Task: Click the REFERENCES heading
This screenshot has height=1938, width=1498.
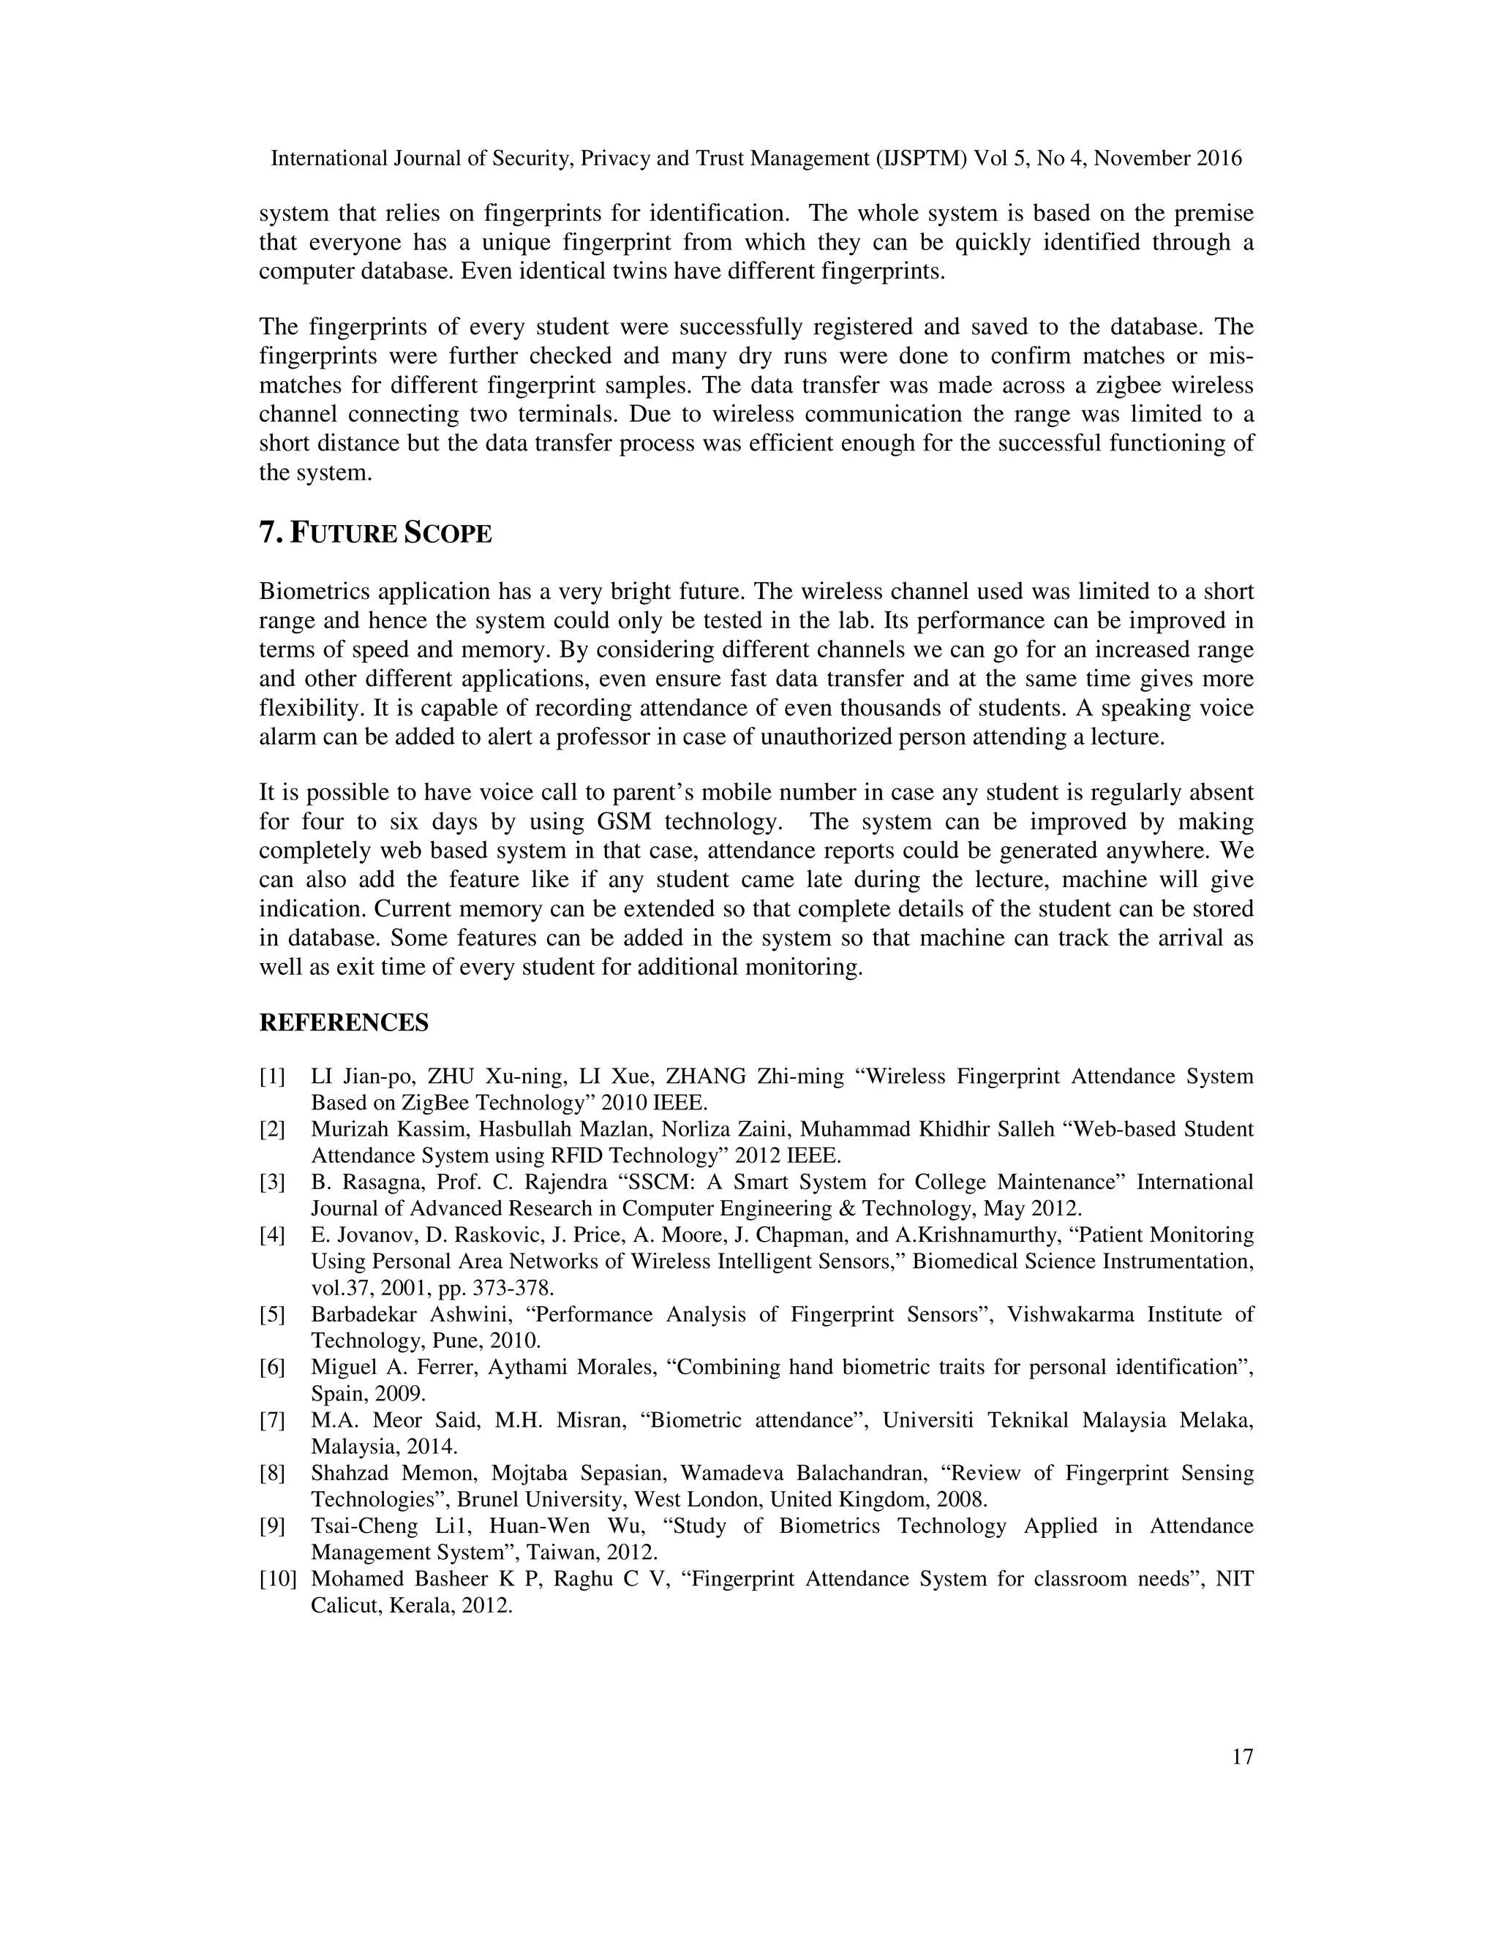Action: (344, 1022)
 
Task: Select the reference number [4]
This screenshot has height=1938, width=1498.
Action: (272, 1235)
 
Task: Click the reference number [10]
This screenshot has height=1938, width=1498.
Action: (277, 1579)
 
